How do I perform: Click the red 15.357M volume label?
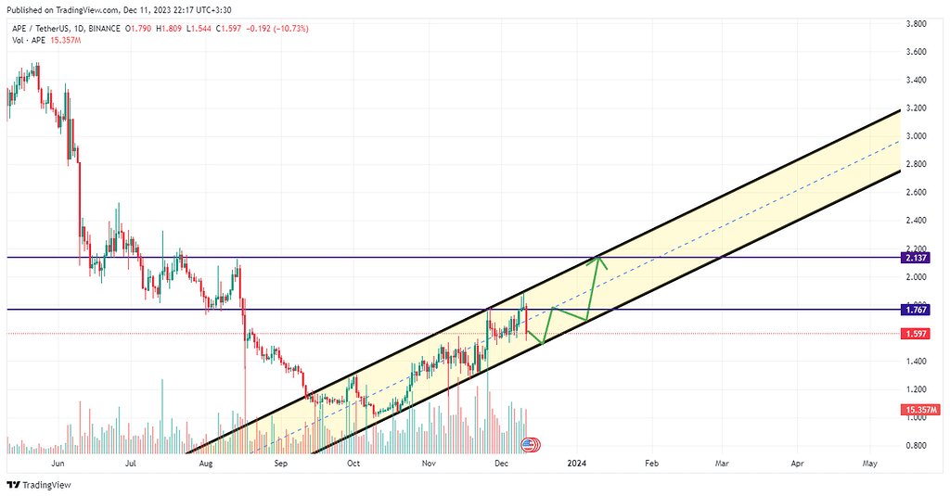tap(919, 410)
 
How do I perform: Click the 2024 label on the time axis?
tap(576, 462)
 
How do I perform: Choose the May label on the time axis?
tap(870, 462)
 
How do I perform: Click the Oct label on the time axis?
tap(353, 462)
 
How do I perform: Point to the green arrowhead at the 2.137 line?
tap(600, 261)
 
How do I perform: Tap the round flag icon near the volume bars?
tap(528, 445)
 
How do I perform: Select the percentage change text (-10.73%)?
tap(289, 29)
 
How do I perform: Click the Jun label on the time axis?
tap(58, 462)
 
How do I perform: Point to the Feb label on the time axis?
tap(650, 462)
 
